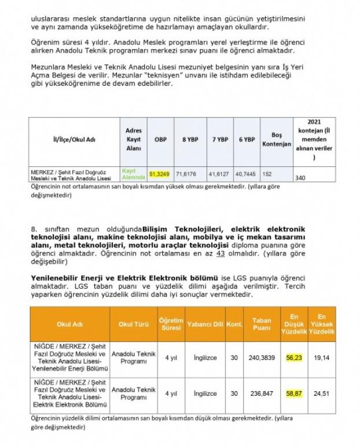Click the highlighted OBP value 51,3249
(x=160, y=173)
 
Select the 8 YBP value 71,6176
(x=188, y=173)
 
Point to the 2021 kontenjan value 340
(x=302, y=177)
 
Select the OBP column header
(x=160, y=140)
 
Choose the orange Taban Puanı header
(x=262, y=324)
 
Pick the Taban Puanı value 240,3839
(x=262, y=358)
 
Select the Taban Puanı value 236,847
(x=262, y=393)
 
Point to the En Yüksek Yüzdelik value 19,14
(x=322, y=358)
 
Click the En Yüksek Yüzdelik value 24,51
(x=322, y=393)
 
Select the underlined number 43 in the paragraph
(x=220, y=254)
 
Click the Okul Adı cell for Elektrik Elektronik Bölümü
(x=70, y=393)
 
